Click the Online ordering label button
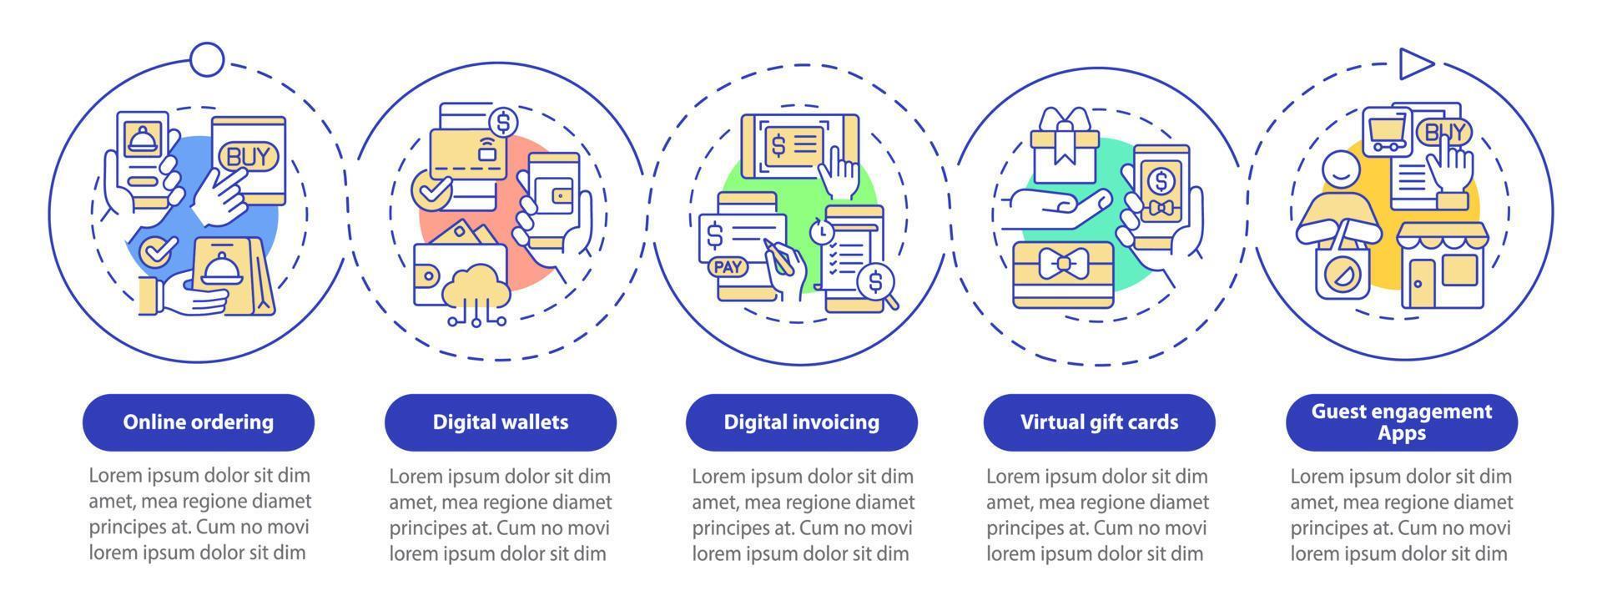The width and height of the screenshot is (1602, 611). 199,422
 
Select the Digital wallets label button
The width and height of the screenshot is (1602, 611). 500,422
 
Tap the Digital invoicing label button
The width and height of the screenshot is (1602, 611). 801,422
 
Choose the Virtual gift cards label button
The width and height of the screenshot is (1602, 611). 1099,422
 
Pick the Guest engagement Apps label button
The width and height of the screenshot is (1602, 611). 1401,422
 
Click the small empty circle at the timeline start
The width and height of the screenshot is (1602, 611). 207,58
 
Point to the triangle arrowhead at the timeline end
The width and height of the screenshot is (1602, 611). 1415,63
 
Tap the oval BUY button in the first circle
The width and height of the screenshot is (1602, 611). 243,156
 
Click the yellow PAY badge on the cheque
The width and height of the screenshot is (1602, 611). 728,267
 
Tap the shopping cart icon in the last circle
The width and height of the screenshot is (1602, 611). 1386,134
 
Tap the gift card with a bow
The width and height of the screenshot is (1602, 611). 1062,273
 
